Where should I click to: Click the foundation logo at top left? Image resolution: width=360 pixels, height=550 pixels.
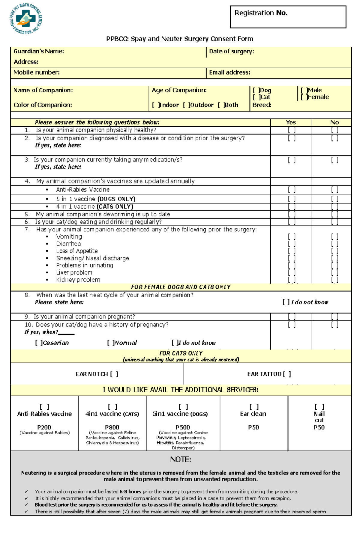[x=25, y=19]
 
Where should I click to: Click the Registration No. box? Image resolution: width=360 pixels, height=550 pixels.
[x=288, y=17]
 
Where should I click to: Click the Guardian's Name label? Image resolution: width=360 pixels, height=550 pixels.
[x=38, y=51]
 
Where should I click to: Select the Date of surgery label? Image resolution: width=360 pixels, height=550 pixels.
[x=231, y=51]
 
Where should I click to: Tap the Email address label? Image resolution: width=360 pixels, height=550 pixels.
[x=229, y=72]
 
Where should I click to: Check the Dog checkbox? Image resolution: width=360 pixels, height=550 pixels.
[x=256, y=90]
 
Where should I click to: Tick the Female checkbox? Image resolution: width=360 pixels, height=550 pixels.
[x=304, y=97]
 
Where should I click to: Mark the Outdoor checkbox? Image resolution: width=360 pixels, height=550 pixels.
[x=186, y=105]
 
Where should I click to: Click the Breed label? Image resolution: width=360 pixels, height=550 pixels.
[x=262, y=105]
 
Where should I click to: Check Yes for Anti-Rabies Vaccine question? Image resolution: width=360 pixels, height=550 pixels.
[x=292, y=190]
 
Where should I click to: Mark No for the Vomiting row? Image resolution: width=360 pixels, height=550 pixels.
[x=334, y=236]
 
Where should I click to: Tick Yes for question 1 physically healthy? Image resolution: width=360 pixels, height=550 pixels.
[x=292, y=130]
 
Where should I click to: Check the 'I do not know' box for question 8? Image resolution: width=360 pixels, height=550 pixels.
[x=286, y=302]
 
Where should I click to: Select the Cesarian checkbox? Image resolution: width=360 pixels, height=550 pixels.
[x=39, y=343]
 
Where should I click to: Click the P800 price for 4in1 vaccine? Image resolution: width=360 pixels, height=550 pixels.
[x=112, y=427]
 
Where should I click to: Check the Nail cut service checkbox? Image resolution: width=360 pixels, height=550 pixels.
[x=319, y=407]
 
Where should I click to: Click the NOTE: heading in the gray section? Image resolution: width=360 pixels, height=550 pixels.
[x=180, y=459]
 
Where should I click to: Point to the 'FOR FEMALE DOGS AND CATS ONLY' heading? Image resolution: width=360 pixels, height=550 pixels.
[x=181, y=287]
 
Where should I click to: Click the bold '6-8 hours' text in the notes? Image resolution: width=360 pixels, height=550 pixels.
[x=130, y=492]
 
